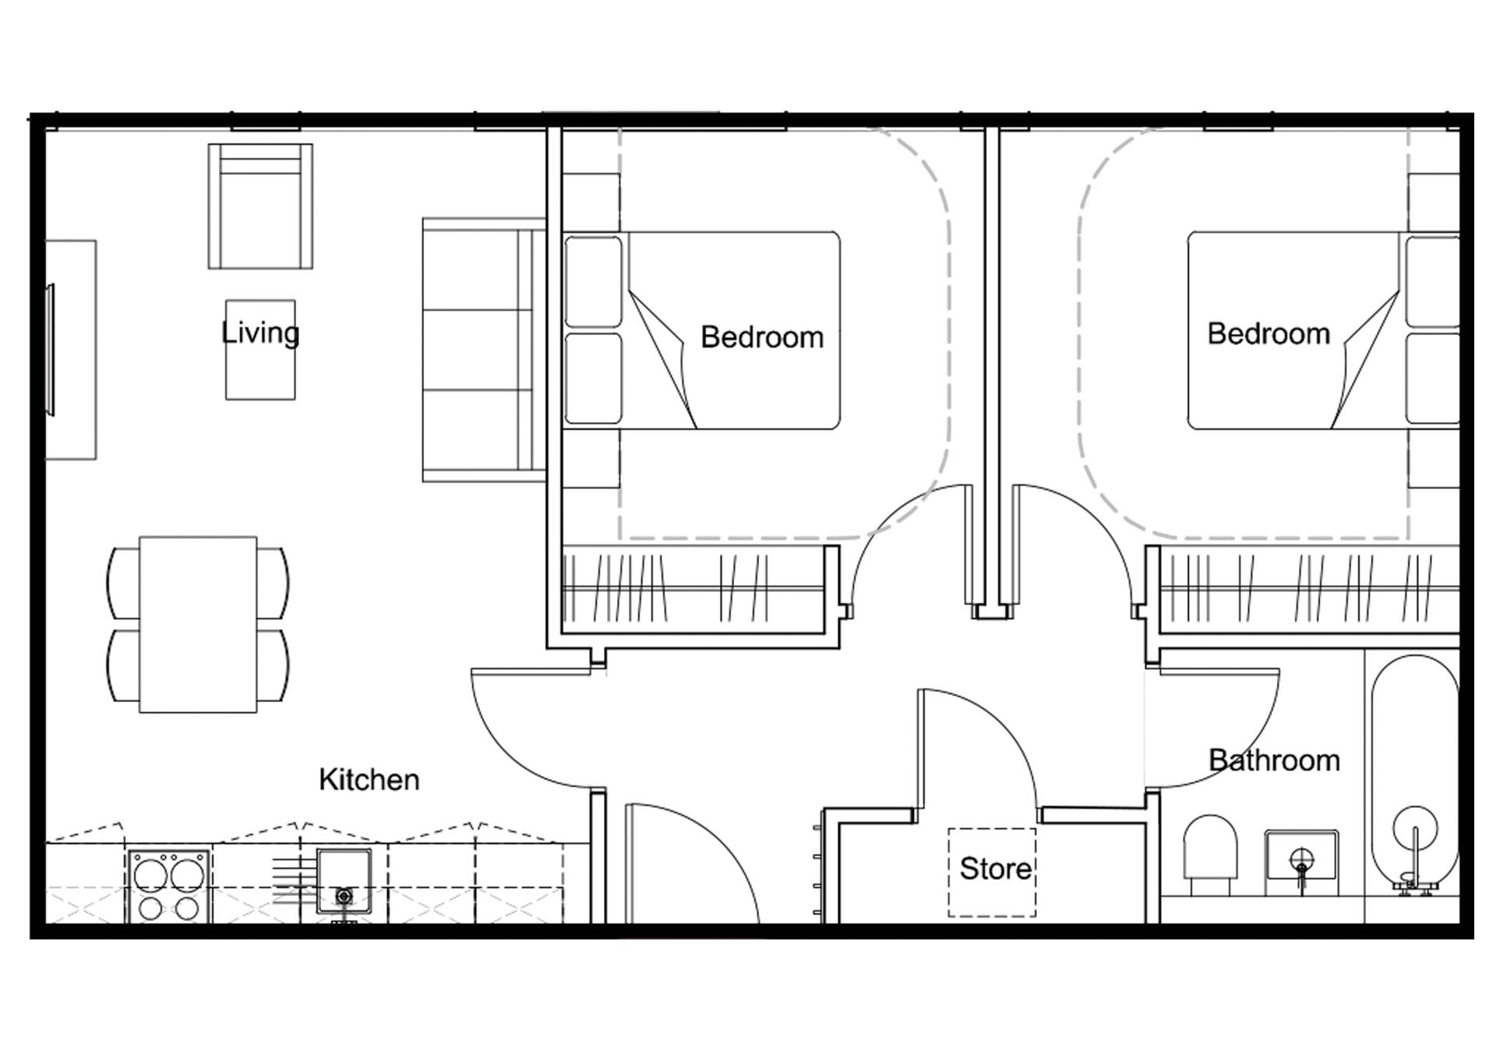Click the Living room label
260,333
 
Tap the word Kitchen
369,779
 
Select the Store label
996,869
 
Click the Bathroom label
1274,760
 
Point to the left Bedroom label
762,337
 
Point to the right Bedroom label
1268,333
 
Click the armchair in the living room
260,206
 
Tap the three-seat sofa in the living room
484,350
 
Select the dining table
198,624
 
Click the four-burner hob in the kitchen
169,887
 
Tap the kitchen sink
344,881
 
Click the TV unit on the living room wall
71,350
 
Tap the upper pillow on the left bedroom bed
594,282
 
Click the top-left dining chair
123,583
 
